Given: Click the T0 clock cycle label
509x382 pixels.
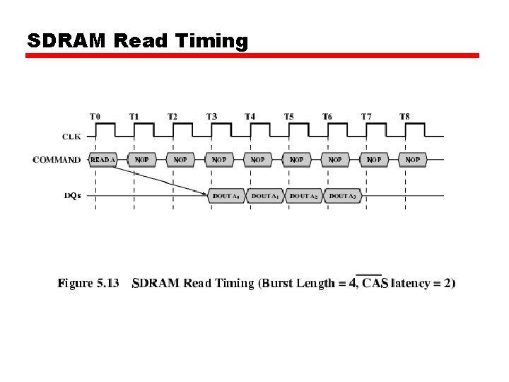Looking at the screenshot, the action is [x=95, y=116].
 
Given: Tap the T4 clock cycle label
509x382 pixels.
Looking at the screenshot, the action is [x=250, y=116].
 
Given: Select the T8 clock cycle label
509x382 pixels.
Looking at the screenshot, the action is [x=404, y=116].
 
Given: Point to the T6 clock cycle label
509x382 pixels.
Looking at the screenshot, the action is [x=327, y=116].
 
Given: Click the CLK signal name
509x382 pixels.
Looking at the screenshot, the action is [x=71, y=136].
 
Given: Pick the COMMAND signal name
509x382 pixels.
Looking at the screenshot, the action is [x=57, y=160].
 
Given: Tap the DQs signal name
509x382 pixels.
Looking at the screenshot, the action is [x=72, y=195].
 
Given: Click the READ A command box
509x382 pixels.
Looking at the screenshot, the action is [x=103, y=160].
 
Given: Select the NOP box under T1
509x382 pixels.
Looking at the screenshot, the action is [x=142, y=160].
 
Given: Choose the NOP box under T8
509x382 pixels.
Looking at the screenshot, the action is [x=413, y=160].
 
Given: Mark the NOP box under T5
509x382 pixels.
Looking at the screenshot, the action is [x=297, y=160].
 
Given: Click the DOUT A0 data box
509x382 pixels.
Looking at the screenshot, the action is [x=226, y=196].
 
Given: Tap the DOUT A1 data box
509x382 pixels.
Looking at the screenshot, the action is [x=265, y=196].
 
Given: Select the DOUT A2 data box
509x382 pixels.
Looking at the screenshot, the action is [x=304, y=196].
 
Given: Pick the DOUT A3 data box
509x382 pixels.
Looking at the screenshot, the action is [x=342, y=196].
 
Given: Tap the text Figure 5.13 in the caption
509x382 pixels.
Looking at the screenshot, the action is [x=88, y=284].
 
